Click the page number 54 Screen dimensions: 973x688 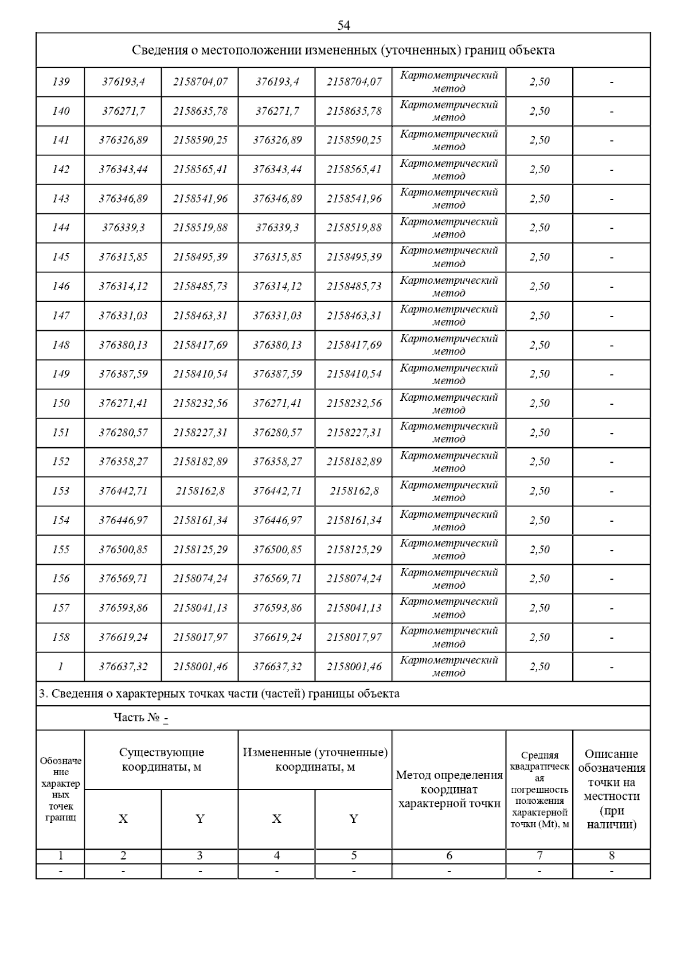[343, 25]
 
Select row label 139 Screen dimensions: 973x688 [60, 82]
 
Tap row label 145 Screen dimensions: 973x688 [60, 257]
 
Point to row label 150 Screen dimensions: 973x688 [60, 403]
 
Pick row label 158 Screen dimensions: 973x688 [60, 637]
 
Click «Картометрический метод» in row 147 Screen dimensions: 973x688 [449, 315]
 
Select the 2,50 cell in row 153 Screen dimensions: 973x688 [539, 491]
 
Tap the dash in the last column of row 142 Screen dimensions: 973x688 [611, 170]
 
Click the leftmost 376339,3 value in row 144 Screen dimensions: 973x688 [123, 228]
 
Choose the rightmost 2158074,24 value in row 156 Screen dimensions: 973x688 [354, 579]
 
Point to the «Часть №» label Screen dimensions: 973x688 [136, 718]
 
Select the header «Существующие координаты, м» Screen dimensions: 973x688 [161, 760]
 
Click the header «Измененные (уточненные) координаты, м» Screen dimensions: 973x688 [315, 760]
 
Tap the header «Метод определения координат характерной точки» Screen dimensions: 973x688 [449, 790]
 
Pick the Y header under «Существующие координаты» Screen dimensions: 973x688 [200, 819]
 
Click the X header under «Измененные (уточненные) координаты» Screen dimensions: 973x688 [276, 819]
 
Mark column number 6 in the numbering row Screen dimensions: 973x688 [449, 856]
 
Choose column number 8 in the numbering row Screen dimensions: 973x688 [611, 856]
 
